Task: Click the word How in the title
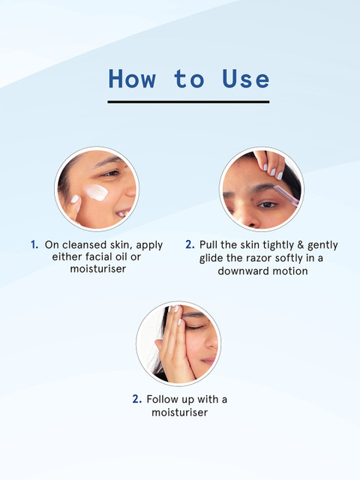tap(132, 79)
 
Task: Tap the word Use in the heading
tap(246, 79)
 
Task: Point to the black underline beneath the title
tap(188, 102)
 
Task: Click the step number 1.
tap(34, 245)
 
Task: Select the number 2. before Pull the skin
tap(190, 244)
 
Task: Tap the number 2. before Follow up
tap(136, 399)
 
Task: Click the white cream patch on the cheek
tap(96, 192)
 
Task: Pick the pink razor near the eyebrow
tap(285, 195)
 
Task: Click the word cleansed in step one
tap(84, 245)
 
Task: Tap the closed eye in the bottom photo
tap(195, 328)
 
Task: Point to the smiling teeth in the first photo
tap(124, 212)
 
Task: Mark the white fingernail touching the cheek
tap(75, 199)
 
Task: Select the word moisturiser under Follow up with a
tap(180, 412)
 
